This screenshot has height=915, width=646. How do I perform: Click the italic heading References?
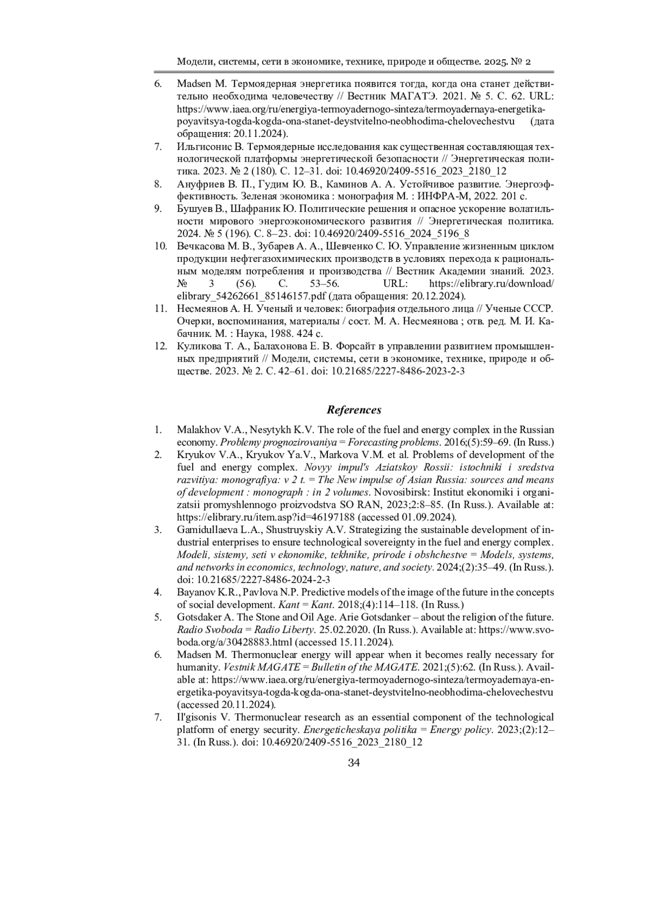(x=354, y=410)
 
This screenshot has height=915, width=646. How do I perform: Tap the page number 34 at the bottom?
(x=354, y=763)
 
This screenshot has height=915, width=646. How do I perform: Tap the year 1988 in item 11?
(x=280, y=334)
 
